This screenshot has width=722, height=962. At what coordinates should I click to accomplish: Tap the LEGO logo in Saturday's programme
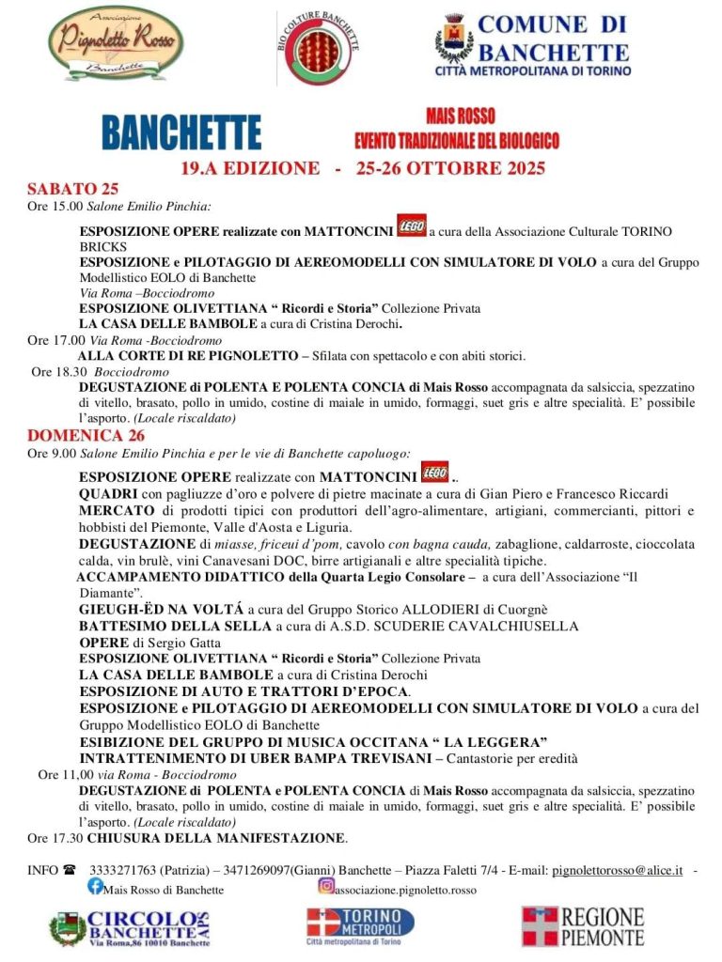click(412, 225)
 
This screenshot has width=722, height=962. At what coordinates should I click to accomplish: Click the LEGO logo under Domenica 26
click(434, 473)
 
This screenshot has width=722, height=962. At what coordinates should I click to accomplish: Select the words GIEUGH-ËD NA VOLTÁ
click(161, 609)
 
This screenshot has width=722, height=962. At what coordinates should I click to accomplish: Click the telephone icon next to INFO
click(70, 870)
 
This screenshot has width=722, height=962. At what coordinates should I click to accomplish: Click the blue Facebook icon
click(95, 886)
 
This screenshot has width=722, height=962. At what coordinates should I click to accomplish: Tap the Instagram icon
click(325, 885)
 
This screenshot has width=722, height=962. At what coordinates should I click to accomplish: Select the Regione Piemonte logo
click(583, 926)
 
